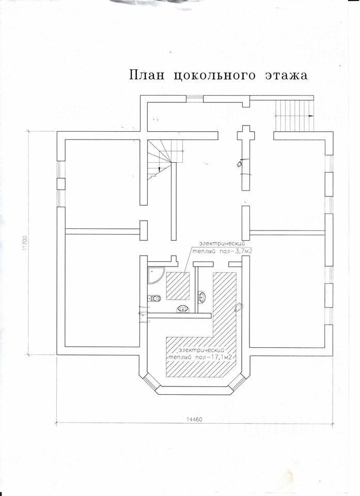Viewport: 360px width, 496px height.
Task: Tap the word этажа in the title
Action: pyautogui.click(x=286, y=75)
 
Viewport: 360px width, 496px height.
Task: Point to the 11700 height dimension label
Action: pyautogui.click(x=25, y=244)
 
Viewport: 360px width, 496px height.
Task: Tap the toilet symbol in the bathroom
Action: pyautogui.click(x=154, y=298)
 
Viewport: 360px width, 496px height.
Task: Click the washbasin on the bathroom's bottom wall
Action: pyautogui.click(x=182, y=309)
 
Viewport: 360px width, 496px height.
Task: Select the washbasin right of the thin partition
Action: pyautogui.click(x=201, y=297)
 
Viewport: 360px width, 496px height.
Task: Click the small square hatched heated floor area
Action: pyautogui.click(x=178, y=286)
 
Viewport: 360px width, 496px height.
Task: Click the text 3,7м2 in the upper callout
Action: pyautogui.click(x=245, y=251)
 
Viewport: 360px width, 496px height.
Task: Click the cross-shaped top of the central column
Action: pyautogui.click(x=246, y=135)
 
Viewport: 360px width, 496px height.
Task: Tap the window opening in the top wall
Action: pyautogui.click(x=194, y=98)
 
